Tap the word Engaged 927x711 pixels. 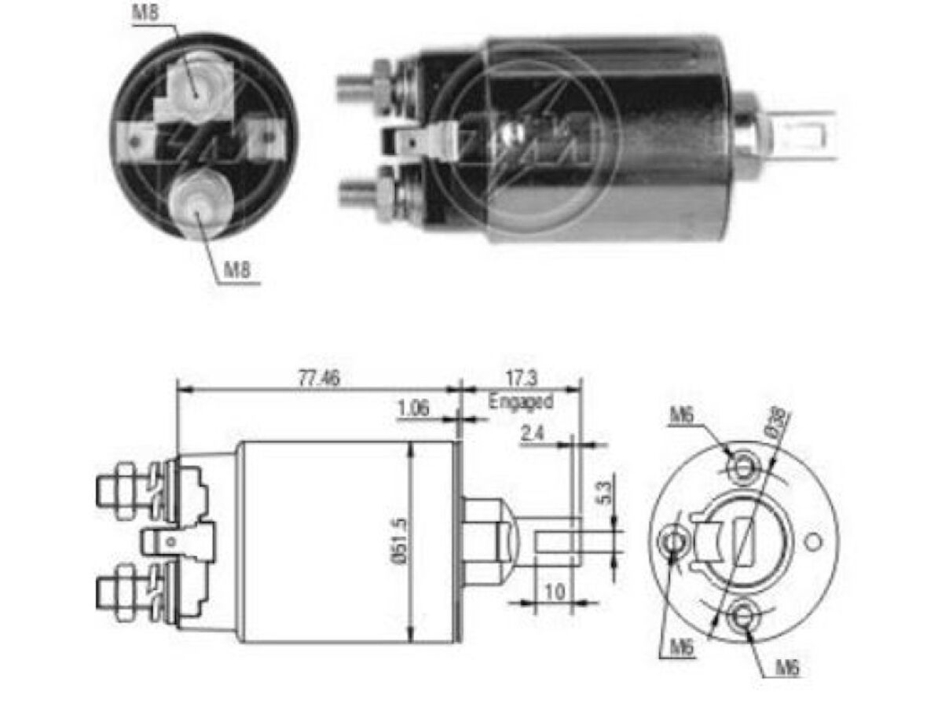click(x=521, y=401)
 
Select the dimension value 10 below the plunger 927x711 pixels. click(x=555, y=592)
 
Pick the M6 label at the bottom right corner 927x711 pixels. click(x=787, y=669)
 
